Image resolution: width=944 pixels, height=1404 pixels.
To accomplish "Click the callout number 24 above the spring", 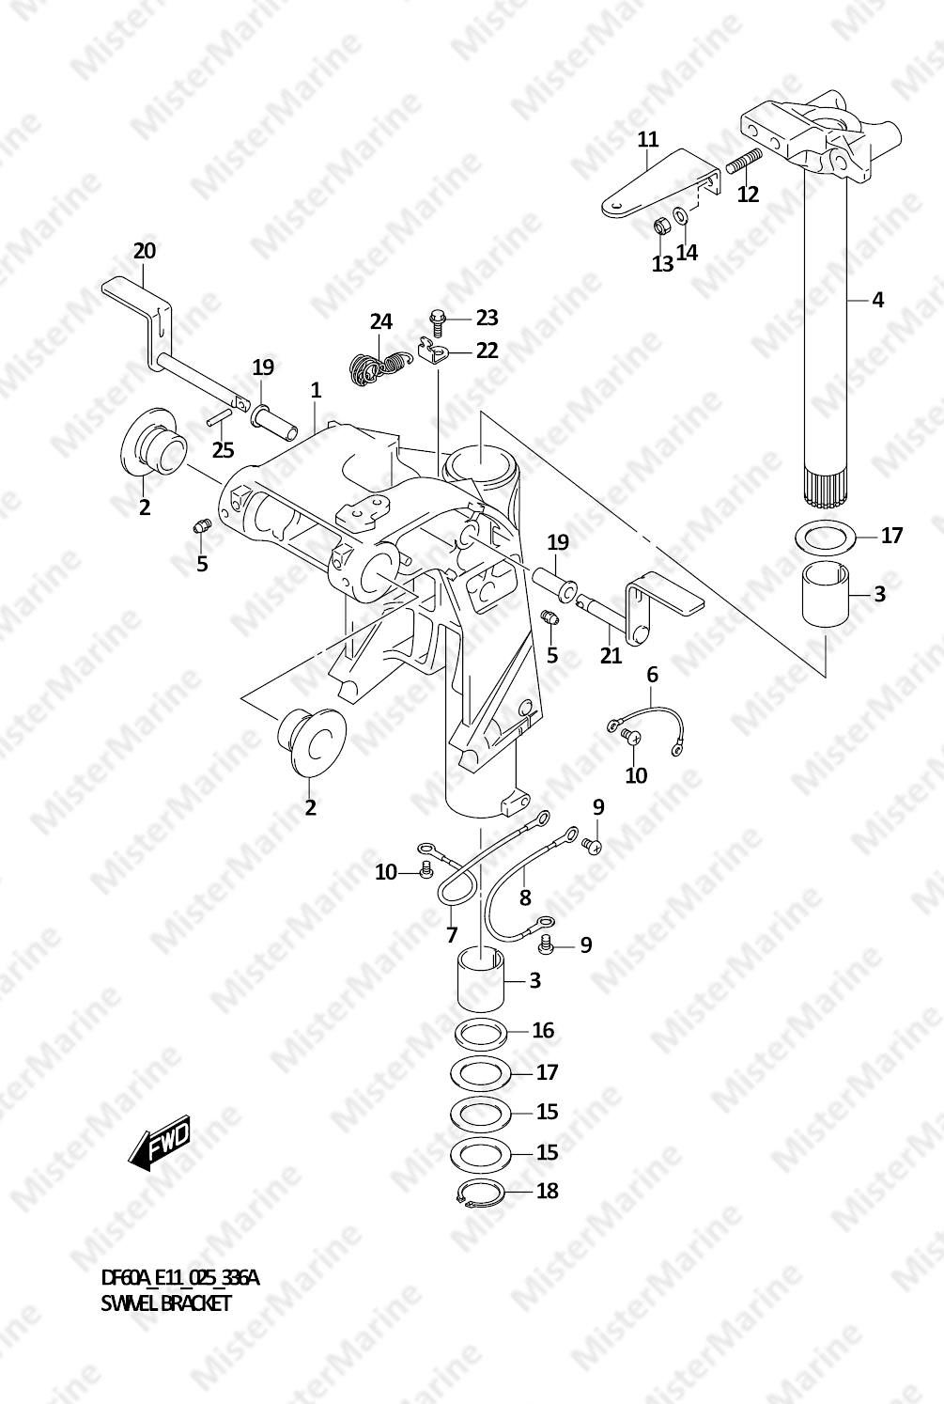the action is (380, 322).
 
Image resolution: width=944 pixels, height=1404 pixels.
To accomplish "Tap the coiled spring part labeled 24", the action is (378, 367).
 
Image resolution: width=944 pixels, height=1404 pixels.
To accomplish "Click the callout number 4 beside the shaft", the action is (877, 300).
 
